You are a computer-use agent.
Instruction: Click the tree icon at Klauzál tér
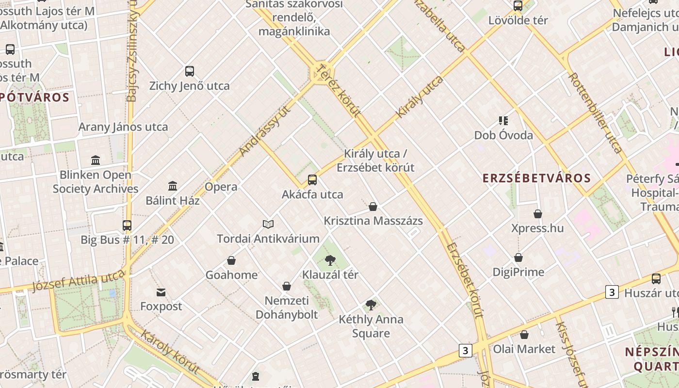330,260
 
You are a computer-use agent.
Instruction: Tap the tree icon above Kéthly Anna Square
371,305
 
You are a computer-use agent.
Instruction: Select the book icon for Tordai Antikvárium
268,224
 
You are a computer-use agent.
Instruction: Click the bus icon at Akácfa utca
312,180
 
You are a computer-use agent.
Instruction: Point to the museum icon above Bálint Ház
173,186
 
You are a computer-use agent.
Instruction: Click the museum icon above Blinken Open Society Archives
96,160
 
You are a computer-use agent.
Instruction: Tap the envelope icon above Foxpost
161,292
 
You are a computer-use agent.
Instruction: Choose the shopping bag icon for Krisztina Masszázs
373,207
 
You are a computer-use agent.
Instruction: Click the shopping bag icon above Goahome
231,260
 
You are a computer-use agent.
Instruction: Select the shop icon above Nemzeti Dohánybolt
287,286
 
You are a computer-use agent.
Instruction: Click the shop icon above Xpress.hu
537,213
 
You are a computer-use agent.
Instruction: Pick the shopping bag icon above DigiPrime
518,258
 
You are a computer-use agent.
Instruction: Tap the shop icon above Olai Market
524,335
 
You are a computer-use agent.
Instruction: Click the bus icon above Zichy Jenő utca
190,71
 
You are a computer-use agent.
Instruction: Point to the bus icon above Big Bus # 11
127,225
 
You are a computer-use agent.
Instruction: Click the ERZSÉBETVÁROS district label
536,178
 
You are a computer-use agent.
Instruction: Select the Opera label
221,187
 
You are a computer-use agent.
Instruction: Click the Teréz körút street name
339,91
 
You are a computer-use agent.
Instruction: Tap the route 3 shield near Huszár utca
612,292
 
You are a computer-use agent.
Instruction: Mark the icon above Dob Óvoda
503,121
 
